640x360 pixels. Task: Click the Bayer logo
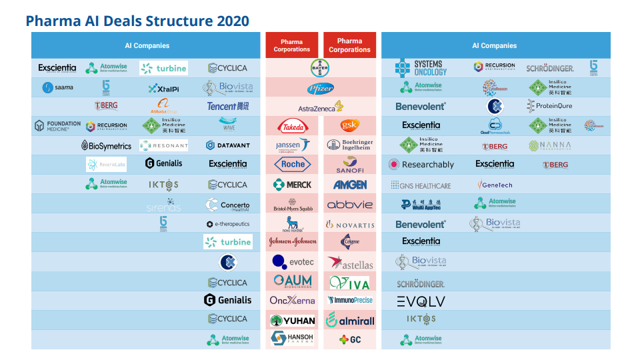point(320,67)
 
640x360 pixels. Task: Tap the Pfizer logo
point(320,89)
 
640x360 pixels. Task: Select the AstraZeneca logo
point(320,107)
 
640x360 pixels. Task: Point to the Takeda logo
point(292,125)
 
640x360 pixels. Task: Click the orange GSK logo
point(349,125)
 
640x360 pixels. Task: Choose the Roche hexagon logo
point(292,164)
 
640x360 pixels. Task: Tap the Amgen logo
point(349,185)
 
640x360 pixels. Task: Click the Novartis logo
point(349,225)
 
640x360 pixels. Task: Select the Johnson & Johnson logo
point(292,241)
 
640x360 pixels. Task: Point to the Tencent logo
point(227,106)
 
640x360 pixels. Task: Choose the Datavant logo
point(227,145)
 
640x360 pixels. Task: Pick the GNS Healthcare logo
point(421,185)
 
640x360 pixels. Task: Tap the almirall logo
point(349,320)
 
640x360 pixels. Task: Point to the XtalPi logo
point(163,88)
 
